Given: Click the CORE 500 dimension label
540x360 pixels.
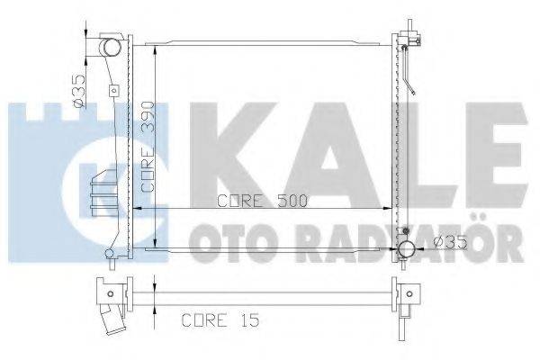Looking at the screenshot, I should point(263,201).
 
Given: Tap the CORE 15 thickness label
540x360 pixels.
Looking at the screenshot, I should point(217,319).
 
